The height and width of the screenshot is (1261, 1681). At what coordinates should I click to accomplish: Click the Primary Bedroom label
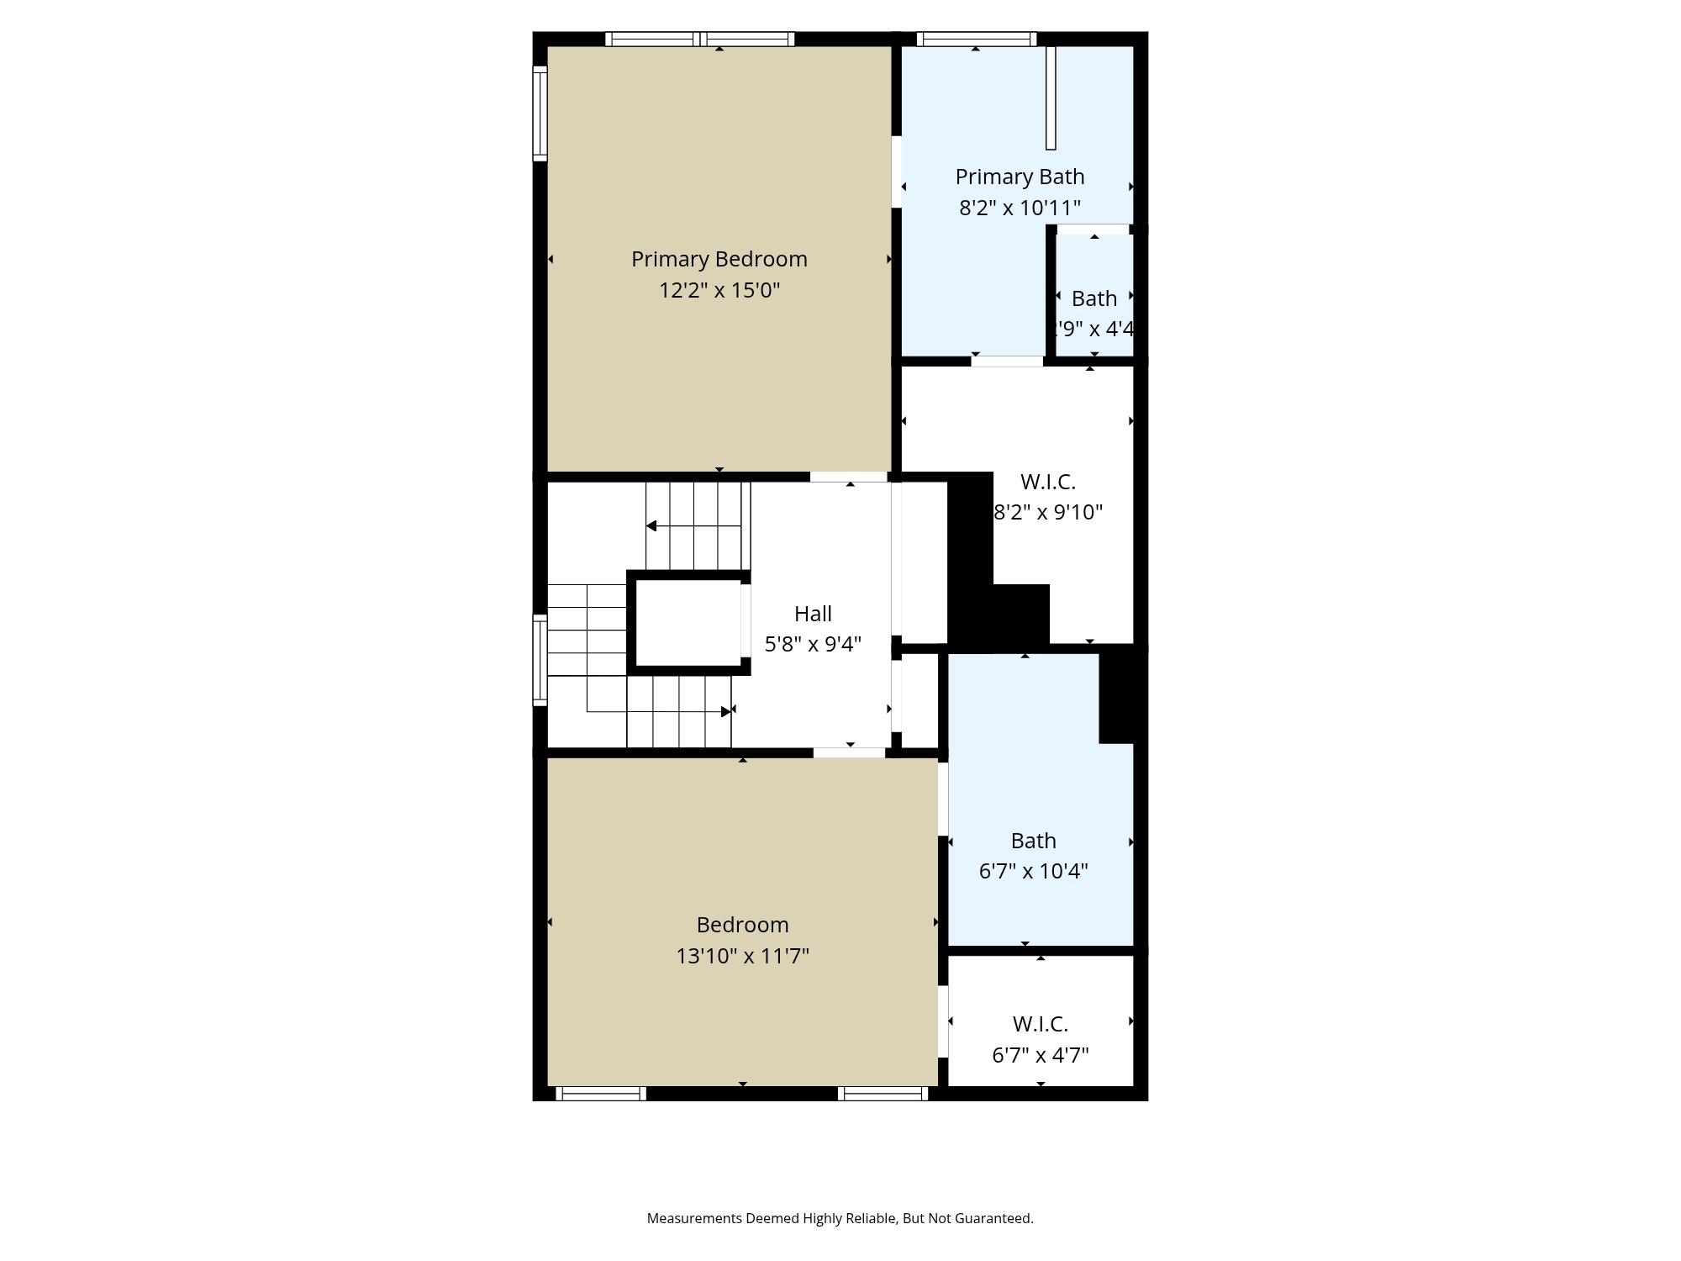719,259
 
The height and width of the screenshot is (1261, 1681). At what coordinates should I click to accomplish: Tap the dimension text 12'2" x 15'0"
719,290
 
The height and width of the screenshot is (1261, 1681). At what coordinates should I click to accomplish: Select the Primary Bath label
1020,177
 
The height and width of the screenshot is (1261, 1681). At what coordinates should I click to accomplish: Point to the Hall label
813,614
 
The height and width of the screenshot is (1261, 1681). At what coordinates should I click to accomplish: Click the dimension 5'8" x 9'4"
813,644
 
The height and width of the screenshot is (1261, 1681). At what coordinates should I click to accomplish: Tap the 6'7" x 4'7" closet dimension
1041,1055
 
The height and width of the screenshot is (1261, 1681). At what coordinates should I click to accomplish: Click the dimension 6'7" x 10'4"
1033,871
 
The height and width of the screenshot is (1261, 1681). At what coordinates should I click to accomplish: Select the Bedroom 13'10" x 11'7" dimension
742,956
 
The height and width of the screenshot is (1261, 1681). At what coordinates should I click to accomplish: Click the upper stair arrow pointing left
651,526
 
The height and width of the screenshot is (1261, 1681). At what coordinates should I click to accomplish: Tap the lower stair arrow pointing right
726,712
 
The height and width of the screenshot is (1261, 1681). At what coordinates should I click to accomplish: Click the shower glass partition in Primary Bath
1051,98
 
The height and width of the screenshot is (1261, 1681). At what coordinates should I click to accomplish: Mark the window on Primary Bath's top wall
976,39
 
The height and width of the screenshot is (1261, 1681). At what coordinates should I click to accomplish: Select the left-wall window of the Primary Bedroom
540,113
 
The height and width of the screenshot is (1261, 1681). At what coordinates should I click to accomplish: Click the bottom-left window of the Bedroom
601,1094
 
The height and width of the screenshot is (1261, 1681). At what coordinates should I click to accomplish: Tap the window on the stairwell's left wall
540,660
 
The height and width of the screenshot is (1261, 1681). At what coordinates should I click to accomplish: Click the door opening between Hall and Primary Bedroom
849,477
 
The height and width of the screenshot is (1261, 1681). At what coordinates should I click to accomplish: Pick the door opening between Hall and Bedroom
849,752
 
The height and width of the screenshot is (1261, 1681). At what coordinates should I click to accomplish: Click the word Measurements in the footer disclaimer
694,1218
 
